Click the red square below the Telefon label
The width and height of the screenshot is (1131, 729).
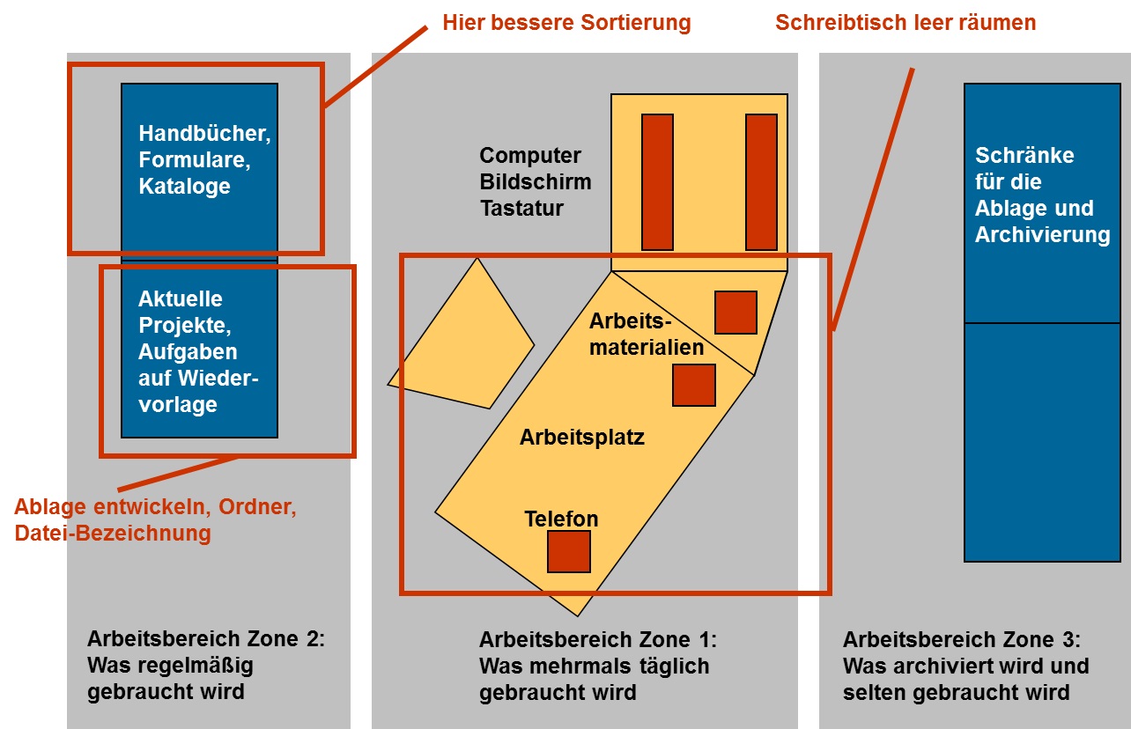tap(568, 552)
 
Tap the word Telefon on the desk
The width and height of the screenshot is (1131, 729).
tap(561, 519)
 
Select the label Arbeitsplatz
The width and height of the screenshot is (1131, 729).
tap(581, 437)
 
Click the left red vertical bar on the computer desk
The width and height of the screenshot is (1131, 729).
tap(657, 182)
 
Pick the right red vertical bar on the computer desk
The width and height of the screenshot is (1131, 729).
tap(761, 182)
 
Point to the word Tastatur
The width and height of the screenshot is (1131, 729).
tap(521, 209)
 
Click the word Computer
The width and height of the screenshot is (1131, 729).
tap(530, 156)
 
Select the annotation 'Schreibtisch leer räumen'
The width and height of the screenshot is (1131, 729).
tap(906, 22)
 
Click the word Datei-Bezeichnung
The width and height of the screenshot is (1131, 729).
tap(113, 533)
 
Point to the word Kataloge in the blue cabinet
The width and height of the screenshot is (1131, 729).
tap(184, 187)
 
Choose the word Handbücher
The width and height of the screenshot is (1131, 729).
tap(204, 135)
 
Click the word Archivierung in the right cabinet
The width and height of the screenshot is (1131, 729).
tap(1042, 235)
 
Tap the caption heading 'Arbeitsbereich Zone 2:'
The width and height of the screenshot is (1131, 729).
tap(206, 639)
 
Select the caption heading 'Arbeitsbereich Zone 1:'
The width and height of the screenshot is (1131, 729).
tap(597, 639)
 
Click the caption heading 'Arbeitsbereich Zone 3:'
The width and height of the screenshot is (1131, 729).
tap(961, 639)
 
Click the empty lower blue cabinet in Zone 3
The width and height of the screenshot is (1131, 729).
tap(1042, 441)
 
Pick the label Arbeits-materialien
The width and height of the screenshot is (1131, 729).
tap(647, 335)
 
